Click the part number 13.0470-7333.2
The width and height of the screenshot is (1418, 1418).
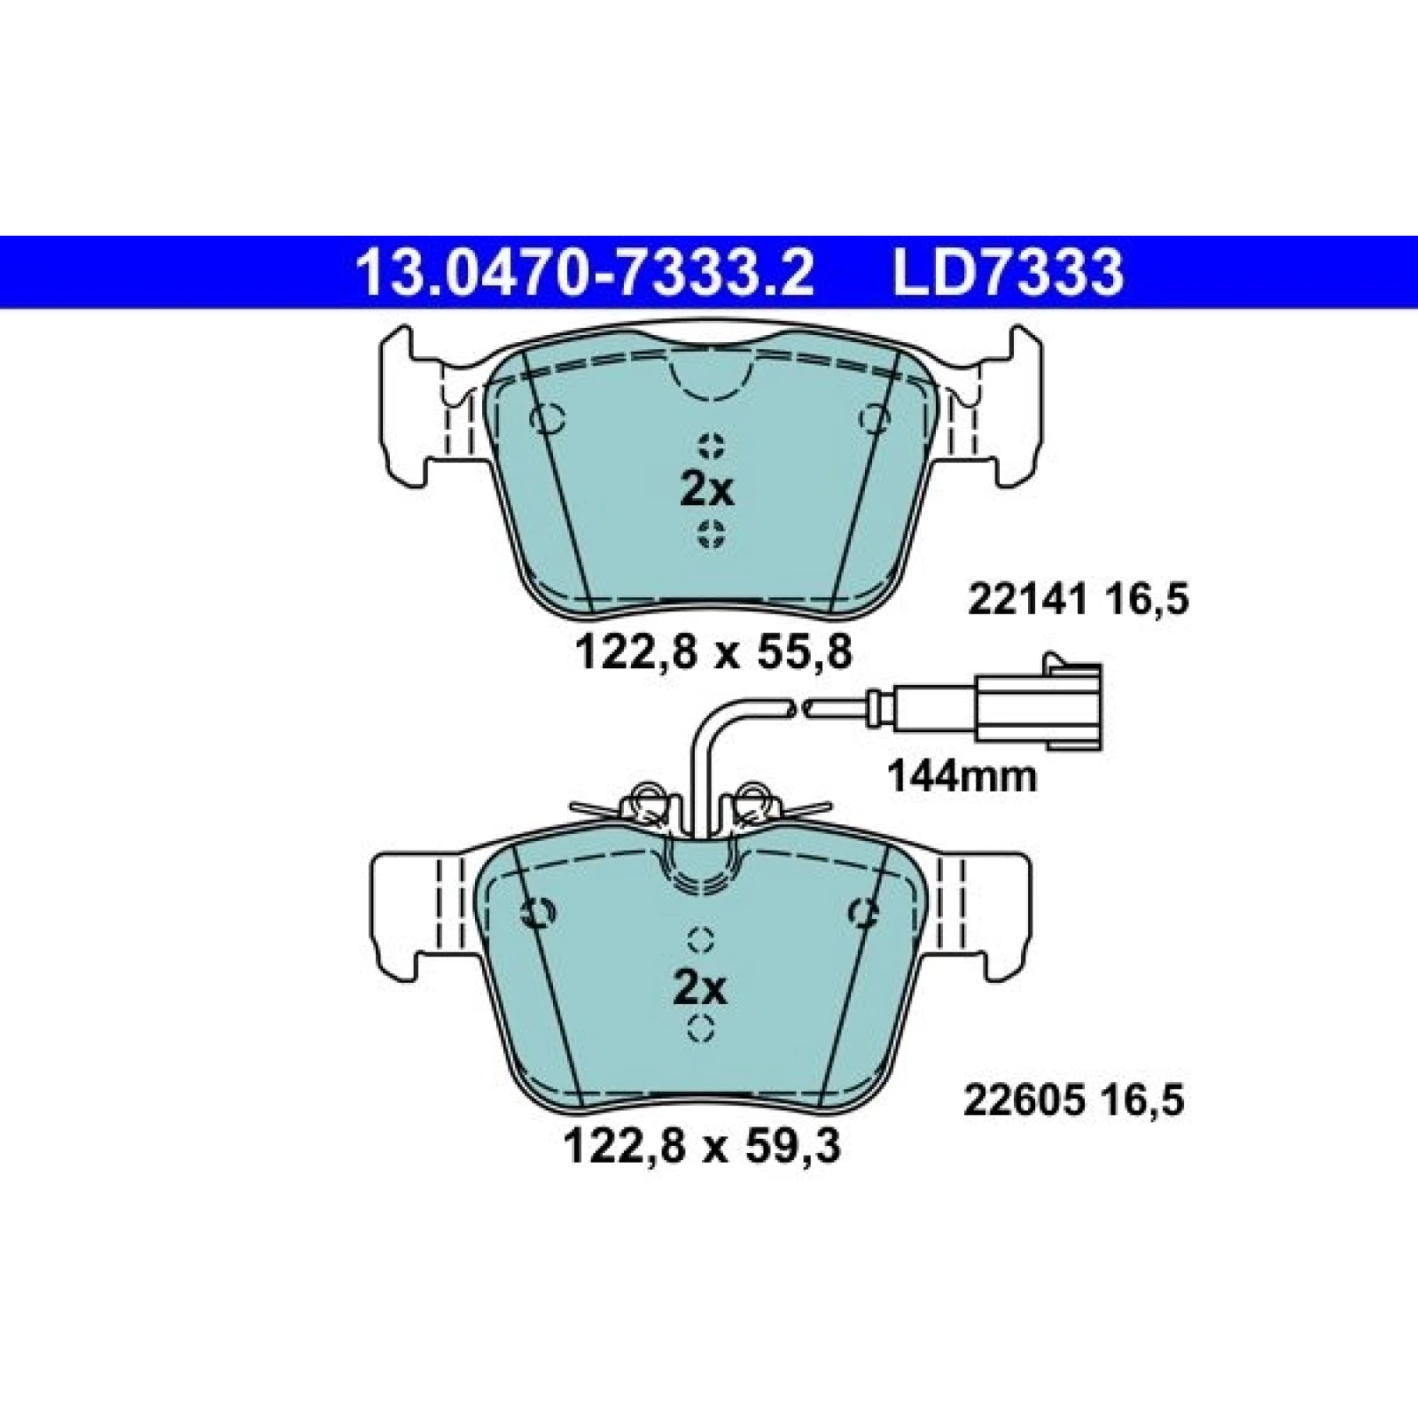click(x=584, y=273)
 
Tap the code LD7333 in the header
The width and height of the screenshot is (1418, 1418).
click(x=1009, y=273)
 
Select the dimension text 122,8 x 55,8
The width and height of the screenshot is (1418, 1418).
click(x=713, y=653)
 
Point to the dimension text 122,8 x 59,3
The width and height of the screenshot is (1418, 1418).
click(x=701, y=1149)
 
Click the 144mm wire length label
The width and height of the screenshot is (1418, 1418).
click(x=962, y=777)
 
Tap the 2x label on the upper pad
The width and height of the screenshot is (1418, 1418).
click(x=707, y=489)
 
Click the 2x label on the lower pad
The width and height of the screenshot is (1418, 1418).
click(x=700, y=988)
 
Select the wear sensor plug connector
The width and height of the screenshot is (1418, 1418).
click(x=1037, y=706)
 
